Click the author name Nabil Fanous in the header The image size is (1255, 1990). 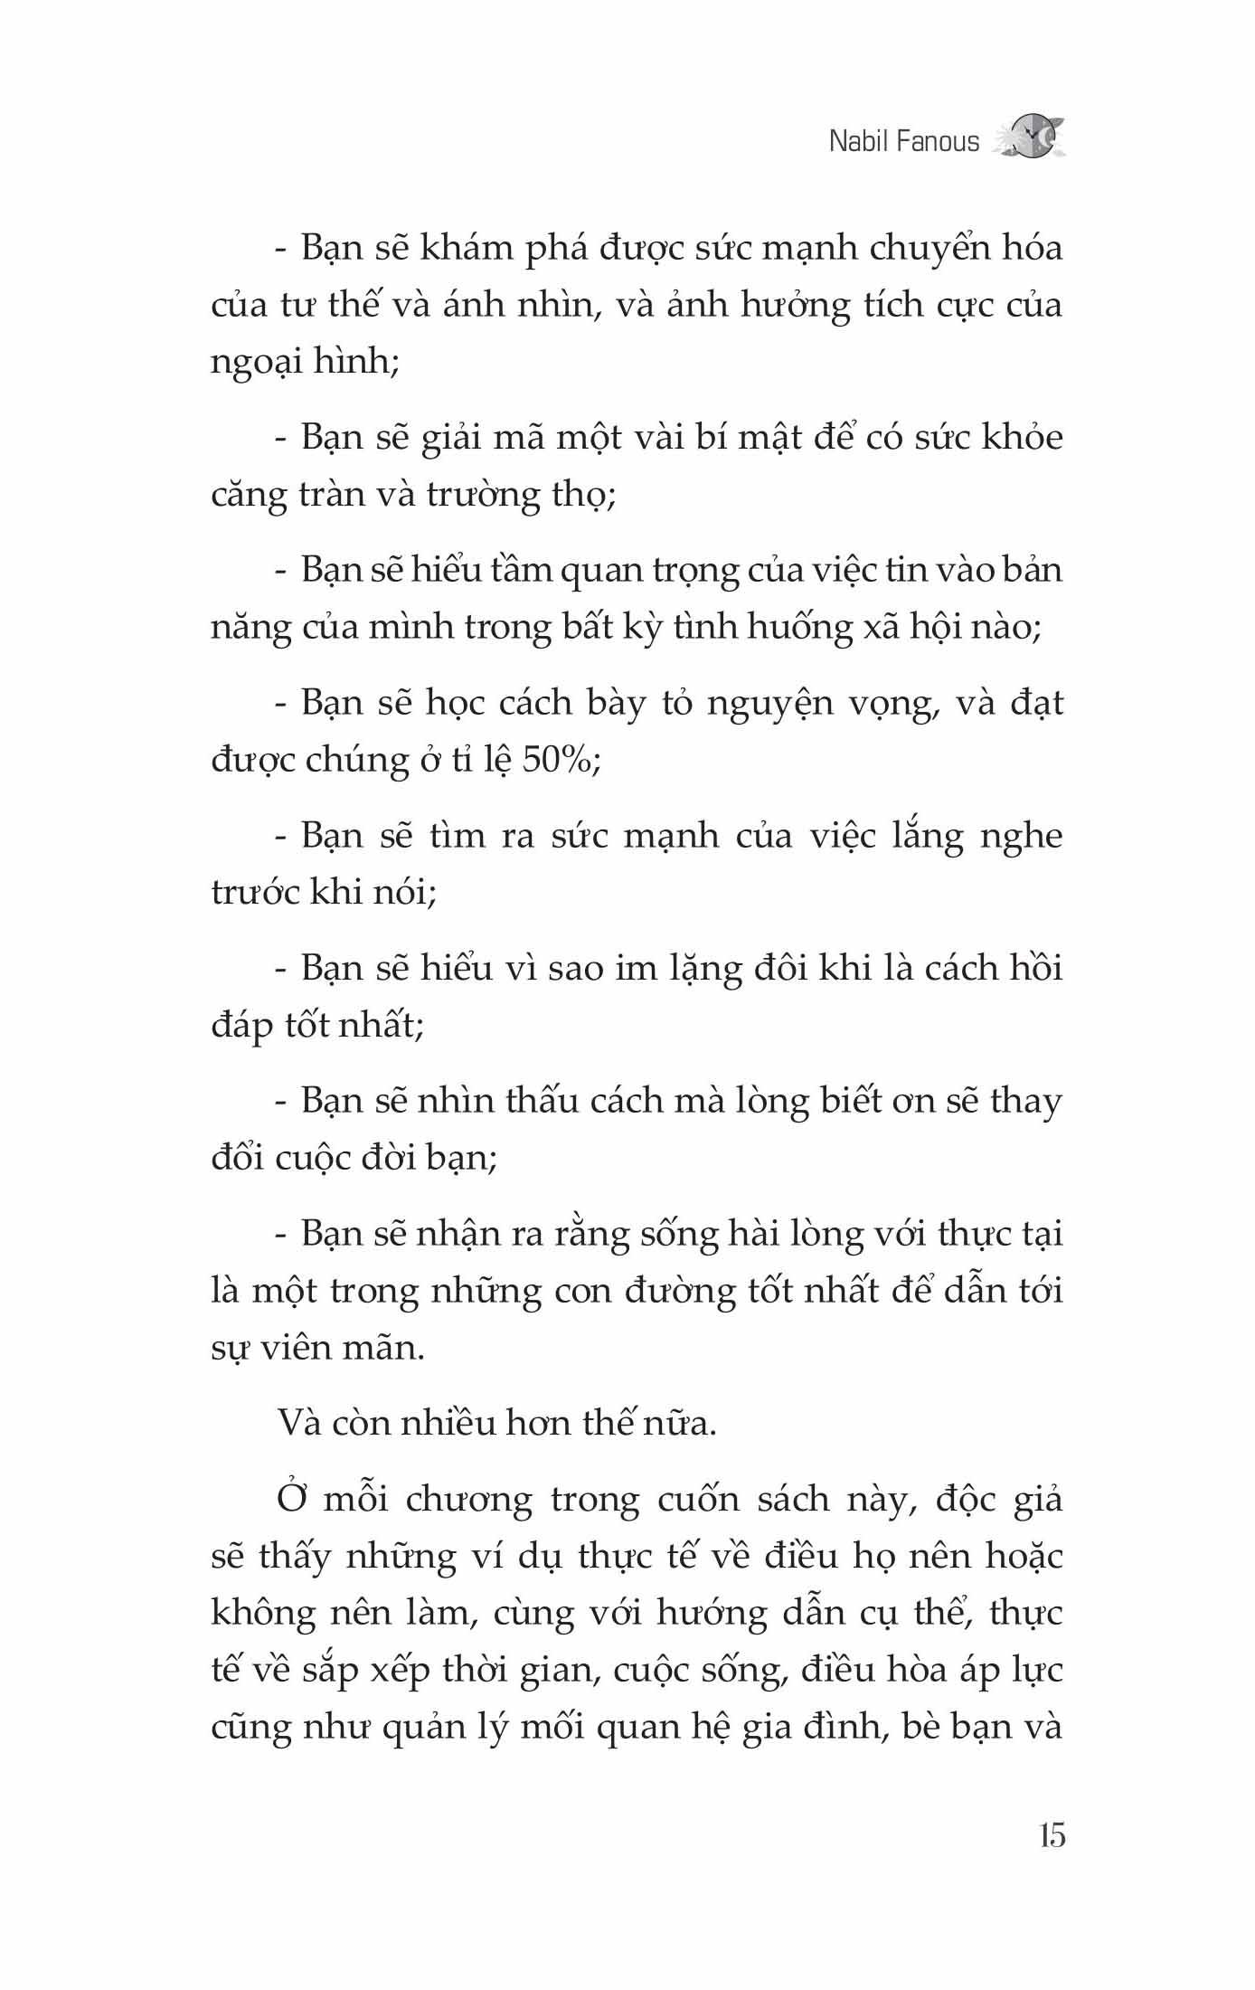click(x=903, y=142)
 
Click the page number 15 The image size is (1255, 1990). click(x=1052, y=1836)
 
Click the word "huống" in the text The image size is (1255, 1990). click(x=801, y=627)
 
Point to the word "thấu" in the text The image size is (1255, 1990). click(x=542, y=1101)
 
